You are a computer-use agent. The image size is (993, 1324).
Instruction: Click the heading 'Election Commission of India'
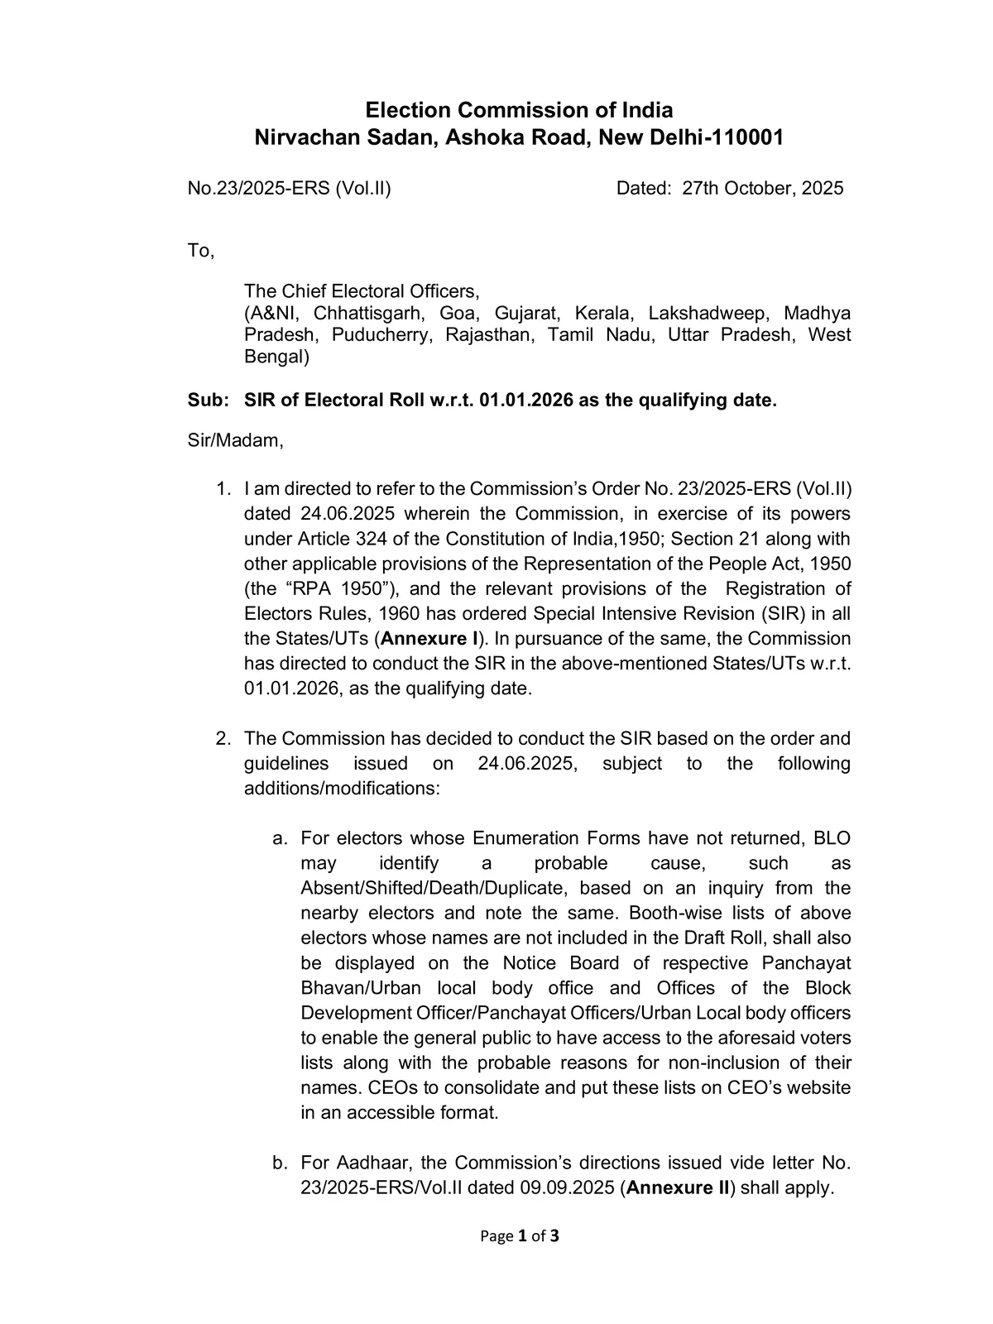[x=519, y=110]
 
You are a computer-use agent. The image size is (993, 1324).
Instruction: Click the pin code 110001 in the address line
[x=748, y=137]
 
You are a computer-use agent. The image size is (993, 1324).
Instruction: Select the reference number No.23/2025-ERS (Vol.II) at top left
[x=289, y=188]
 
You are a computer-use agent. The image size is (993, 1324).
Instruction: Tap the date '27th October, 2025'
[x=762, y=188]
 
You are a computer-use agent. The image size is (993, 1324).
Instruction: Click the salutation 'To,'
[x=200, y=250]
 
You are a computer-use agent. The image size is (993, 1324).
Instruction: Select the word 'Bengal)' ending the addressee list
[x=276, y=357]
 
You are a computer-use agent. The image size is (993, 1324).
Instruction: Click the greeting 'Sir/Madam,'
[x=235, y=440]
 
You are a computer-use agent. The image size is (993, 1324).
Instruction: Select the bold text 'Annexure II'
[x=679, y=1187]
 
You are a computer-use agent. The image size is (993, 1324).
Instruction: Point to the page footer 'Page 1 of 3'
[x=520, y=1236]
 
